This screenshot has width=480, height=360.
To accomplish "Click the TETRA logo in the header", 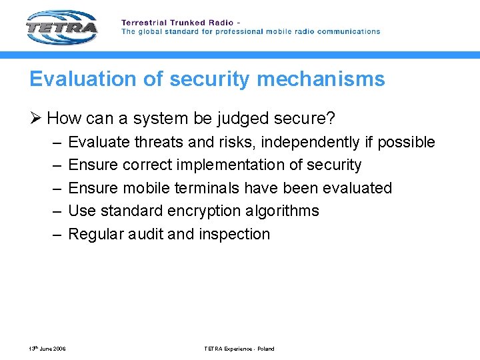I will click(x=61, y=28).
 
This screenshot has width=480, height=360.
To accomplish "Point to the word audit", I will click(x=144, y=234).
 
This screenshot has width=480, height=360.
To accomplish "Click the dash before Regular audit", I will click(x=54, y=234).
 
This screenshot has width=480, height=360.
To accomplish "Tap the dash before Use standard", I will click(x=54, y=211).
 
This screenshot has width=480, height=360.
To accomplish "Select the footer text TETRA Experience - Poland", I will click(x=239, y=349).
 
